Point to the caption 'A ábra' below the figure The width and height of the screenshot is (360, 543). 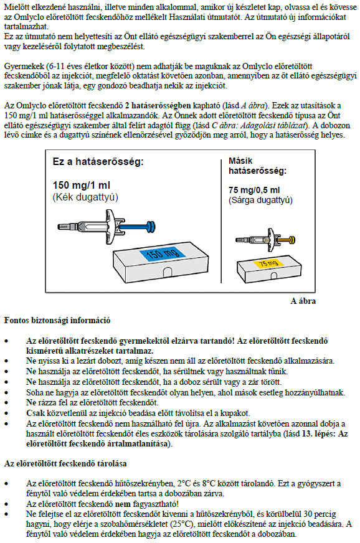tap(303, 301)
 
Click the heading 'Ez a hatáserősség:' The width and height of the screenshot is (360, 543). tap(98, 161)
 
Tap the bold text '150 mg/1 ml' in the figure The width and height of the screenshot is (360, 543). tap(82, 186)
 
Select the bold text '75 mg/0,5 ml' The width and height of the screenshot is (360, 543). tap(254, 190)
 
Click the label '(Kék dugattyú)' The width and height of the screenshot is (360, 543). tap(85, 197)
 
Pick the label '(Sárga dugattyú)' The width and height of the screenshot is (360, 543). tap(260, 200)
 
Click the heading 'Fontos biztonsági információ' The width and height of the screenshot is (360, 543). tap(57, 320)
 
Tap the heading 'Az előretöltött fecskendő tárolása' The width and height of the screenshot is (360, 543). tap(65, 463)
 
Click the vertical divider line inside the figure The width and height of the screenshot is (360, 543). tap(221, 221)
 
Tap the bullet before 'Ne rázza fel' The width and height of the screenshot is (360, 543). tap(6, 403)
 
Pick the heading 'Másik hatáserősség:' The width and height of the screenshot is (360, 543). tap(257, 166)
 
